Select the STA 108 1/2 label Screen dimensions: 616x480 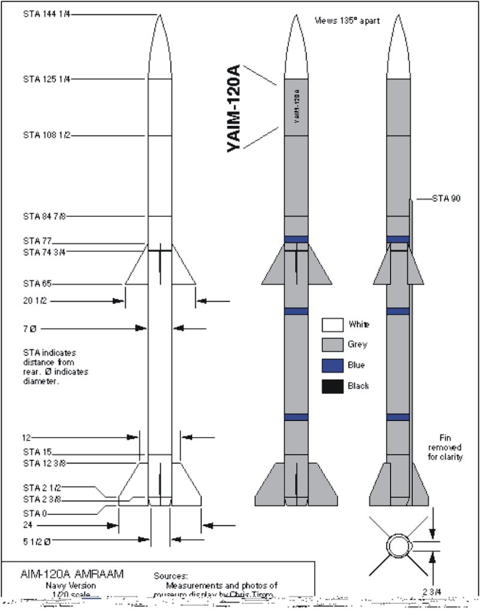[x=47, y=135]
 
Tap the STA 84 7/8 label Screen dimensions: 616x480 [x=47, y=216]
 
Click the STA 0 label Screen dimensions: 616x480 [x=35, y=513]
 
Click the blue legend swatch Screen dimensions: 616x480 [x=332, y=365]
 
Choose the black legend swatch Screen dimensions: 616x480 [x=332, y=386]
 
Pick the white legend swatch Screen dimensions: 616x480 [x=332, y=325]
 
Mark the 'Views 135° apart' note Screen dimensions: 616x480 [x=345, y=20]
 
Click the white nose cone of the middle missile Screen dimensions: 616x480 [x=296, y=51]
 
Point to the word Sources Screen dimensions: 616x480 [x=171, y=575]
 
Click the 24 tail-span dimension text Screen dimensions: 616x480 [x=28, y=526]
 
